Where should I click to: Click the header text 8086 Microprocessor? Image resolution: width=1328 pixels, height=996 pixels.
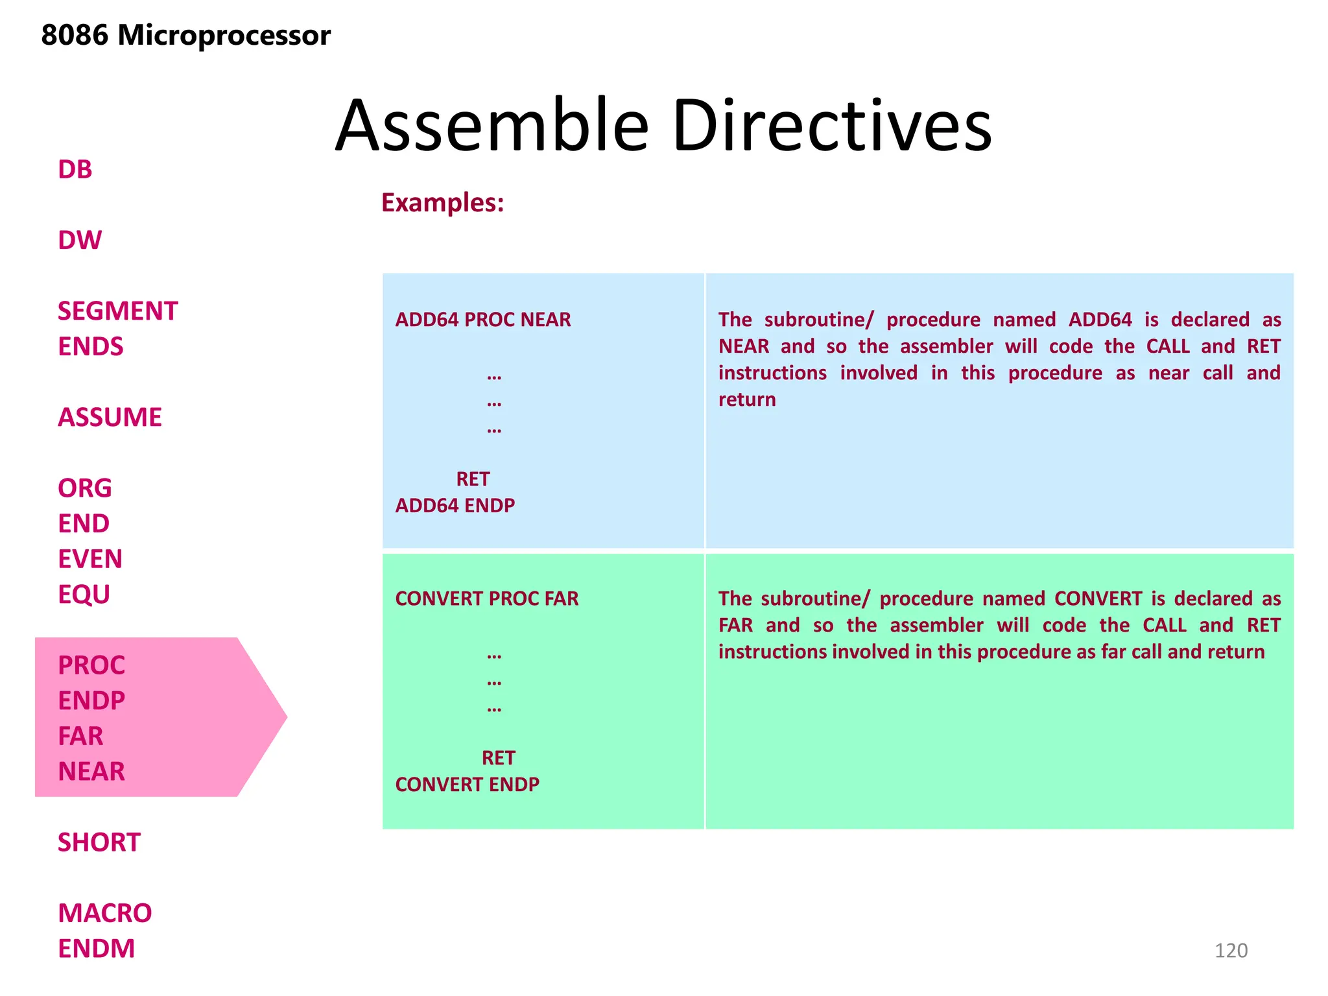click(185, 36)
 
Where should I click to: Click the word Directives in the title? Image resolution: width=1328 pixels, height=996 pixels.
click(831, 126)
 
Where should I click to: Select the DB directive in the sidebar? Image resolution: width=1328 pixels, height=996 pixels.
click(75, 170)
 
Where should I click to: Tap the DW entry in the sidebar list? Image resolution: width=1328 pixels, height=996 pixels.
click(80, 241)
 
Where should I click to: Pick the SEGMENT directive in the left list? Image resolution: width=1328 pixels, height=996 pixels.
click(117, 311)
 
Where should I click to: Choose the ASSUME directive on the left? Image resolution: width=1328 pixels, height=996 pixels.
click(110, 418)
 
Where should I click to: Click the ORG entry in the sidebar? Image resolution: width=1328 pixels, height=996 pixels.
click(84, 488)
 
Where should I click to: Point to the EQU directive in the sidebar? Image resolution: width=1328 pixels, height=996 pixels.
click(84, 595)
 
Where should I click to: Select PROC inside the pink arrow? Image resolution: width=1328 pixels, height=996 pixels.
click(91, 665)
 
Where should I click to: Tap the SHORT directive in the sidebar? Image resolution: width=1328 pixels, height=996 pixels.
click(99, 842)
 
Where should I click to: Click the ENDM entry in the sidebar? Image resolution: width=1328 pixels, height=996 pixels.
click(96, 949)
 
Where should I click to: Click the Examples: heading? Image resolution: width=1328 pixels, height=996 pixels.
click(442, 203)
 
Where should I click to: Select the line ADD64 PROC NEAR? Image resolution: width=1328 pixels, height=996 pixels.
click(483, 320)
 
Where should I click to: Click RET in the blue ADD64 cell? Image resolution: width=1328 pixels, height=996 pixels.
click(473, 479)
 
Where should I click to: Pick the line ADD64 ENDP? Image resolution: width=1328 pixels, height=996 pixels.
click(455, 506)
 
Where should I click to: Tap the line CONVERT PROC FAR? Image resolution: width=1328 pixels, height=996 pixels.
click(486, 599)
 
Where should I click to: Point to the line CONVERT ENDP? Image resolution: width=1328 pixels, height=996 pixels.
click(467, 785)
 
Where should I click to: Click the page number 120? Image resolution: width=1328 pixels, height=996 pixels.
click(1231, 951)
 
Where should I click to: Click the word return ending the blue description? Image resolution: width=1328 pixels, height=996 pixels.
click(746, 399)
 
